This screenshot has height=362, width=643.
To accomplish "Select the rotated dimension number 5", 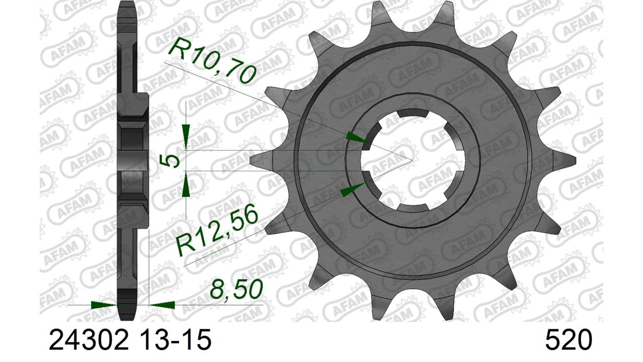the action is coord(171,160).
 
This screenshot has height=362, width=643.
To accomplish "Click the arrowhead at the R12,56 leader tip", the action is coord(353,189).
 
